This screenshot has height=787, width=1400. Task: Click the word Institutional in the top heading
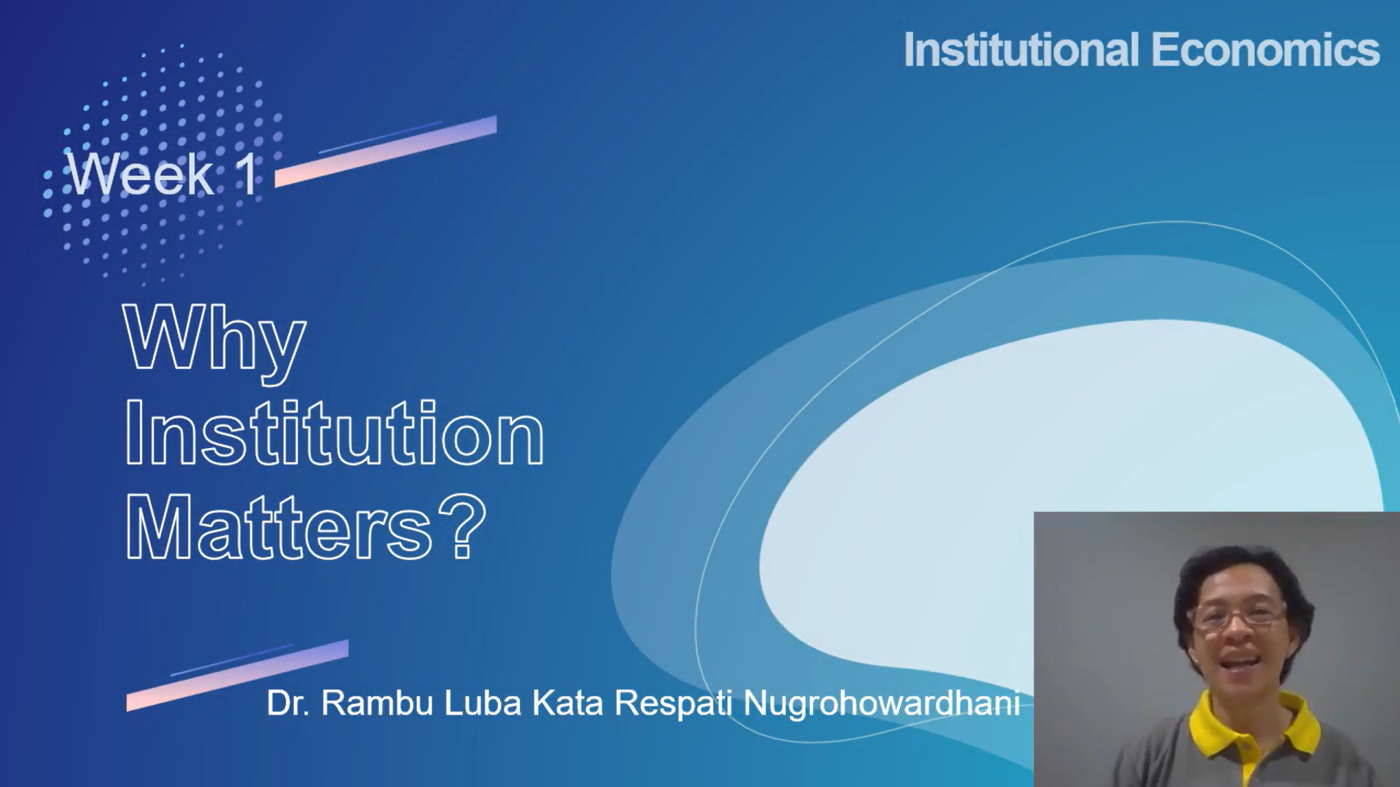[x=1021, y=50]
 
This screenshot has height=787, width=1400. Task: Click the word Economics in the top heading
[x=1265, y=50]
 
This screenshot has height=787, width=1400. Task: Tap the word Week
[x=140, y=174]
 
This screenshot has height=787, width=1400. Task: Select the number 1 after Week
[x=248, y=174]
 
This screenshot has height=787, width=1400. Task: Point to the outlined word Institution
[x=335, y=433]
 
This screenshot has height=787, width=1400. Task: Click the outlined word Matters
[x=279, y=526]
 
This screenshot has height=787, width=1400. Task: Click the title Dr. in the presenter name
[x=288, y=703]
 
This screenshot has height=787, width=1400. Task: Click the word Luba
[x=483, y=703]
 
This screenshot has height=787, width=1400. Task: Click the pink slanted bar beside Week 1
[x=386, y=152]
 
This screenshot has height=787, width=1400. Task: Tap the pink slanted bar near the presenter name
[x=237, y=675]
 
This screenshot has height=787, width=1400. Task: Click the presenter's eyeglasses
[x=1237, y=613]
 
